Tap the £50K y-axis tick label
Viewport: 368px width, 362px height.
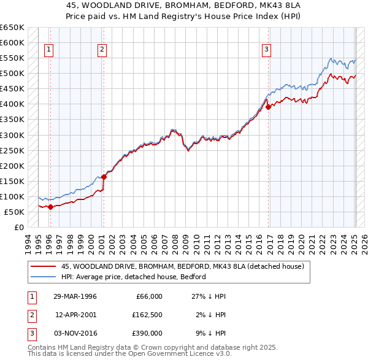pos(14,212)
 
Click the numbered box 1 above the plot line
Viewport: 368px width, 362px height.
pos(49,50)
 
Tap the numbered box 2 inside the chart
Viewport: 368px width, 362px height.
pos(102,50)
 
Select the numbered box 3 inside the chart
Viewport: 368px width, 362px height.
pos(267,50)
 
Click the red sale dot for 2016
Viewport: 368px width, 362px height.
pos(269,107)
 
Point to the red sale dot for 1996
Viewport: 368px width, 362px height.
pos(50,207)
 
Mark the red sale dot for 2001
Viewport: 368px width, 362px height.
pos(104,177)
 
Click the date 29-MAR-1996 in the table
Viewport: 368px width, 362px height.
pos(76,296)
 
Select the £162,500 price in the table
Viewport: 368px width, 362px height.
pos(147,315)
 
